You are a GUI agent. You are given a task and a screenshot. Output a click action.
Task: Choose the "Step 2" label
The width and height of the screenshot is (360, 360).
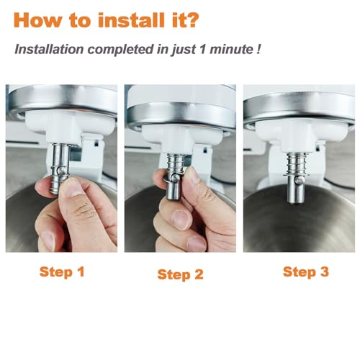click(x=181, y=274)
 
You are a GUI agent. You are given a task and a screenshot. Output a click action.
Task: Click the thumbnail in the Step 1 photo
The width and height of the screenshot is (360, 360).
click(x=72, y=189)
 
